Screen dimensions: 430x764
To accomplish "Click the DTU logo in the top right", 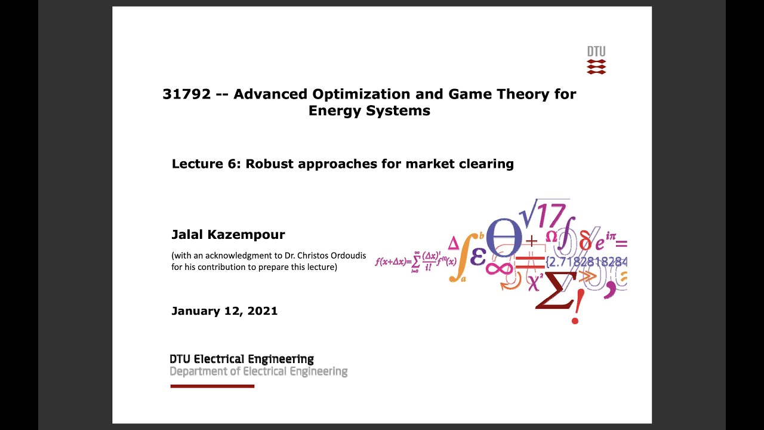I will tap(596, 60).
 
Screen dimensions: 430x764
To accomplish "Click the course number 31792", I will tap(187, 94).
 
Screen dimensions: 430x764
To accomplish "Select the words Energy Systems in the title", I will tap(369, 110).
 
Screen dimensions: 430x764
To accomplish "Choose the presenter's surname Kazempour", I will tap(251, 235).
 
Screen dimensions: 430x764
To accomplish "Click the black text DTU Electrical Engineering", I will tap(242, 359).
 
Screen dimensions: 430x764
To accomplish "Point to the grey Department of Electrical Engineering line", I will tap(258, 371).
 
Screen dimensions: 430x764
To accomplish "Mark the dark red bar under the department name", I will tap(212, 386).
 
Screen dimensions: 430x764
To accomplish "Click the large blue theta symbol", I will tap(504, 237).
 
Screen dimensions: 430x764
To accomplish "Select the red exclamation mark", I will tap(575, 311).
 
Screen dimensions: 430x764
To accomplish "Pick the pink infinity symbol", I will tap(499, 268).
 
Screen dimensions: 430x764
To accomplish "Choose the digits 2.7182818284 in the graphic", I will tap(588, 262).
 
